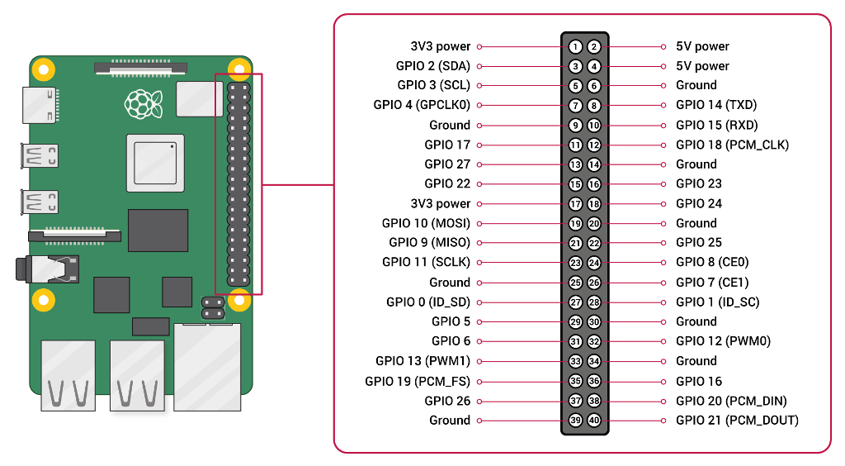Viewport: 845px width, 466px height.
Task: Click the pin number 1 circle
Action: (576, 46)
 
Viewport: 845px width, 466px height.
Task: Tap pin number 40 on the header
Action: (594, 421)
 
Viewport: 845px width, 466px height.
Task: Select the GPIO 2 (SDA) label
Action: (433, 66)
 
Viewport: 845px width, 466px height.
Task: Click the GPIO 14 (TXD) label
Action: (716, 105)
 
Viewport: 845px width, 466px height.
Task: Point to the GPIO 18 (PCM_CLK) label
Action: (732, 145)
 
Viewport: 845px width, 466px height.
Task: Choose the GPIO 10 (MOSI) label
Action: (427, 223)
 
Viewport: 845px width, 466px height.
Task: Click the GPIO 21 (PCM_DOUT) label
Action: (737, 421)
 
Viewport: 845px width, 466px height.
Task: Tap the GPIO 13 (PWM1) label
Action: (423, 361)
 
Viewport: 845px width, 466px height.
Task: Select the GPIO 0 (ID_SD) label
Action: (428, 302)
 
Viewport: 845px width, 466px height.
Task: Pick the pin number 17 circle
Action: (576, 204)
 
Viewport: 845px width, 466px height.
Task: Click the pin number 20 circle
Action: (594, 224)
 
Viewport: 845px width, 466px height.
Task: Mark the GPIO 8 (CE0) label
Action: (712, 263)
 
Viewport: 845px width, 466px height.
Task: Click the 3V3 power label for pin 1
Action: (441, 46)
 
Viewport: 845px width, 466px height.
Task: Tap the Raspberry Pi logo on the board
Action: (142, 103)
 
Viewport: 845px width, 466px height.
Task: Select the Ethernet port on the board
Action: (207, 367)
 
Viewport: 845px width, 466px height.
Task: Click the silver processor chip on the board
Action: (154, 160)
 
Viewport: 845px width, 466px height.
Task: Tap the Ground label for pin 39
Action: (450, 421)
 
